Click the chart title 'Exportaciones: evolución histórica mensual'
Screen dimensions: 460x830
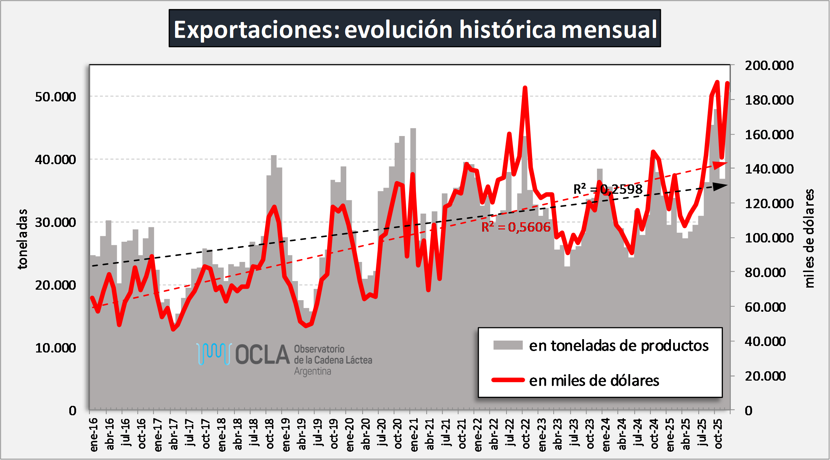point(415,29)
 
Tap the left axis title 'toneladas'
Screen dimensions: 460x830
point(22,239)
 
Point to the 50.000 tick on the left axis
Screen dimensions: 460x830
point(56,97)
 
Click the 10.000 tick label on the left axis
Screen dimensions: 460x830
point(56,348)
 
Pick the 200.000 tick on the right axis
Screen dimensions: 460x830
point(769,65)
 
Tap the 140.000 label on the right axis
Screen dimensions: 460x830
point(769,169)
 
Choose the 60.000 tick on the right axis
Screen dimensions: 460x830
point(765,307)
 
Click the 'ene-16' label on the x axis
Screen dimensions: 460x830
point(94,434)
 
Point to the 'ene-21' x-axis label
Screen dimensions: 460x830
point(414,434)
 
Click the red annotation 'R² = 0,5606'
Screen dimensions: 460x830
point(516,227)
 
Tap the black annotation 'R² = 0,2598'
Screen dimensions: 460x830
point(608,189)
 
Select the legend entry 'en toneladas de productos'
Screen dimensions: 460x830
point(619,346)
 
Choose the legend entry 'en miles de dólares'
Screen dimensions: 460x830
point(594,381)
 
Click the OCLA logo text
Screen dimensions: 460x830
point(263,355)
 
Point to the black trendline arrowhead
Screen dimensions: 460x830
point(721,186)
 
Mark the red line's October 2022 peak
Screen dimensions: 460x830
point(525,88)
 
